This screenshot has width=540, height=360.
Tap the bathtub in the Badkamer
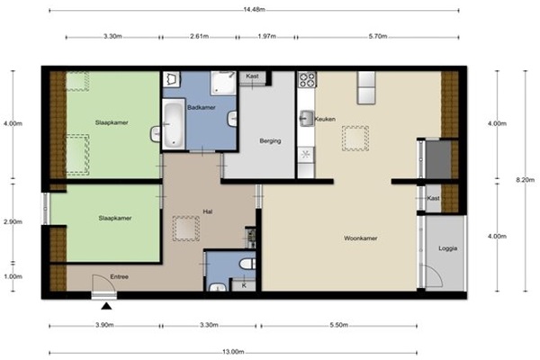pyautogui.click(x=173, y=124)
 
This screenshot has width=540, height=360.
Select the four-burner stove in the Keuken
pyautogui.click(x=307, y=79)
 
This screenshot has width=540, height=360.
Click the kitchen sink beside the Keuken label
pyautogui.click(x=306, y=119)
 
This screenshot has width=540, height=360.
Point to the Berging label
pyautogui.click(x=270, y=141)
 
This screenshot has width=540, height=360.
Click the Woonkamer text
pyautogui.click(x=361, y=238)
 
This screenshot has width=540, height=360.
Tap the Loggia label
pyautogui.click(x=447, y=248)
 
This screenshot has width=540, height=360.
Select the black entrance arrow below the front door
pyautogui.click(x=106, y=306)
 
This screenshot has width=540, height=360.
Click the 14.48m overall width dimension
pyautogui.click(x=254, y=9)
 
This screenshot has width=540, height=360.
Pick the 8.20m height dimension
pyautogui.click(x=526, y=180)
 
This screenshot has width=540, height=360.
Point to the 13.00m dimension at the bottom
pyautogui.click(x=233, y=352)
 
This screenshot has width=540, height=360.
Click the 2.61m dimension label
pyautogui.click(x=200, y=36)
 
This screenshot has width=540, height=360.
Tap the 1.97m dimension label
pyautogui.click(x=267, y=36)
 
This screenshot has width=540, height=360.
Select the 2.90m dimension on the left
pyautogui.click(x=13, y=222)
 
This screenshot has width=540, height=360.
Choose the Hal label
pyautogui.click(x=208, y=211)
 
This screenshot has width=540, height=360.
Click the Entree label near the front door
pyautogui.click(x=119, y=276)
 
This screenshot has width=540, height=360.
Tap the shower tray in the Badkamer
pyautogui.click(x=223, y=83)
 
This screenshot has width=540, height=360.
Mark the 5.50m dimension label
pyautogui.click(x=339, y=325)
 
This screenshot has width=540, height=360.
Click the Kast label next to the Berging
pyautogui.click(x=252, y=76)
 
